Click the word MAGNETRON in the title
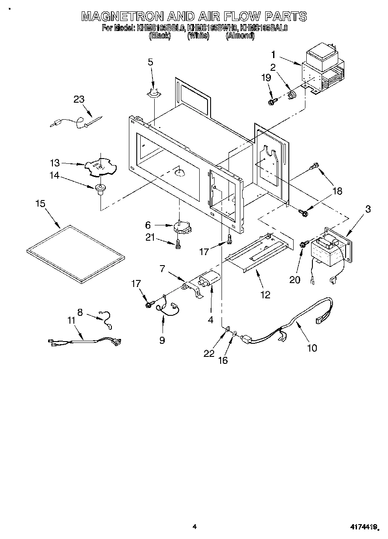tap(122, 17)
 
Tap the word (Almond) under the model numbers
tap(240, 36)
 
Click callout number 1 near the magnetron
tap(273, 55)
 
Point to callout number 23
tap(79, 99)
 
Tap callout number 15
tap(40, 204)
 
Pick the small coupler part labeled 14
tap(100, 189)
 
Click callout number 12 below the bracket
tap(265, 295)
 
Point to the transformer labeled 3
tap(328, 251)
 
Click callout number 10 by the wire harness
tap(312, 348)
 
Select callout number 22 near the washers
tap(209, 353)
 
